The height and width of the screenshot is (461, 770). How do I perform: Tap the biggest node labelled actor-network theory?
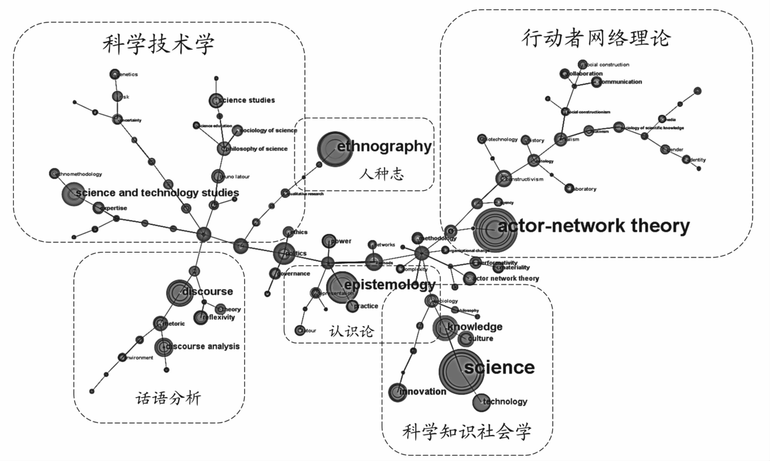pos(495,230)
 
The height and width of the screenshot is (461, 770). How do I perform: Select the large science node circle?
pos(461,372)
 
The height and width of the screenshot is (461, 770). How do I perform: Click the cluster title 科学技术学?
pos(158,44)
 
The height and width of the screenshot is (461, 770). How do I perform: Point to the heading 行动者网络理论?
pos(596,38)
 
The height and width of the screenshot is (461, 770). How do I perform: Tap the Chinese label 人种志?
pos(381,174)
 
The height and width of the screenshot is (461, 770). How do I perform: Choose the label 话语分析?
pos(168,398)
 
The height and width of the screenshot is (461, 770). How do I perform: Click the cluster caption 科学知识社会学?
pos(467,432)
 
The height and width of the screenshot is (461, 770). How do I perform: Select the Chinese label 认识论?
pos(352,331)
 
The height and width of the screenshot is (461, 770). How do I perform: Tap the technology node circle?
pos(481,402)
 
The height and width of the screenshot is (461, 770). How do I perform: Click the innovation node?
pos(398,392)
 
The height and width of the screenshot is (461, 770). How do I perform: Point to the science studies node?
pos(216,101)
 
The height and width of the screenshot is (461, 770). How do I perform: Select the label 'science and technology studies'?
pos(157,193)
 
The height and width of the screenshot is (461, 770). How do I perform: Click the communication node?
pos(596,82)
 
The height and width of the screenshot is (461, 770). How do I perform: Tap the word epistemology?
pos(390,284)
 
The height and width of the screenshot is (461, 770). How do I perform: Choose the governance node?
pos(275,273)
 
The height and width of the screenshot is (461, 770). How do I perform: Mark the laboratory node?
pos(569,188)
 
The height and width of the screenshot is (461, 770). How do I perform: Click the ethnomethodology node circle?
pos(54,173)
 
